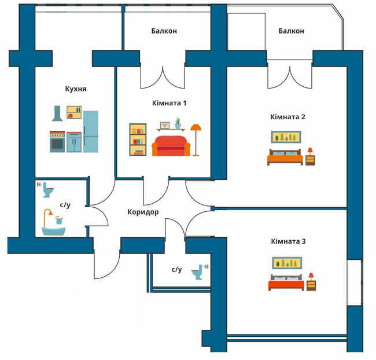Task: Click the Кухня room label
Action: pos(76,89)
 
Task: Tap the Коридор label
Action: pos(143,212)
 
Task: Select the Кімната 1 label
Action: pos(169,103)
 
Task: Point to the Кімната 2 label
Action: pos(287,117)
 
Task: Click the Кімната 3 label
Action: pos(288,241)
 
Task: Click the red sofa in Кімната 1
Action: pos(171,146)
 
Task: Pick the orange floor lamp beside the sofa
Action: pos(196,140)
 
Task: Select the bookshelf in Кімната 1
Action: pos(138,139)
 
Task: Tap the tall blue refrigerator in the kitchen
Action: pos(91,131)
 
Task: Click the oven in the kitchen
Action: pos(57,142)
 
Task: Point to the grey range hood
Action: pos(57,113)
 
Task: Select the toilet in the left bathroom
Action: pos(48,190)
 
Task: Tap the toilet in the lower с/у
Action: pos(197,272)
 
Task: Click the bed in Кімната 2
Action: pos(285,157)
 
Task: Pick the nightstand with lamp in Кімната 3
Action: pos(311,282)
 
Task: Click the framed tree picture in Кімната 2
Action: pos(286,137)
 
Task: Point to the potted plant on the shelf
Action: pos(178,123)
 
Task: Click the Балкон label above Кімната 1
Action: pos(164,31)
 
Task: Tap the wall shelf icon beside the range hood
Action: pos(74,112)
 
